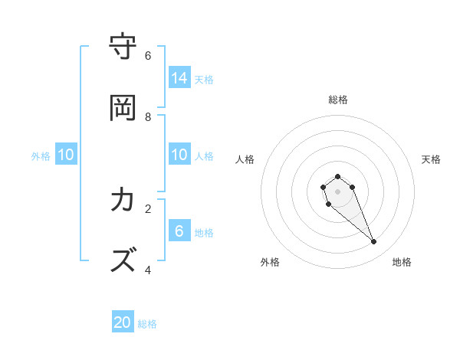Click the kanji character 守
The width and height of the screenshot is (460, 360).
tap(123, 47)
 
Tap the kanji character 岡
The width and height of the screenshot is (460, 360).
tap(123, 108)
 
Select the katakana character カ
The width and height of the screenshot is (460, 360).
tap(123, 200)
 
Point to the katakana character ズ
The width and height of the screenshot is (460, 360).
tap(123, 260)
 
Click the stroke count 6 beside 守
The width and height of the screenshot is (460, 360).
tap(148, 55)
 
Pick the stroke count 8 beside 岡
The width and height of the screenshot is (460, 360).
tap(148, 116)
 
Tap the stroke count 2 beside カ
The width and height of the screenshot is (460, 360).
tap(148, 208)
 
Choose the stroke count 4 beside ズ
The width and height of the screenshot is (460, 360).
tap(148, 270)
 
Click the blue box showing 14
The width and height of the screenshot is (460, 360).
tap(179, 77)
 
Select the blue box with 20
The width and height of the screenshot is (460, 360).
tap(123, 322)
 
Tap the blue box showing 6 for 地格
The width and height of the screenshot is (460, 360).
tap(179, 231)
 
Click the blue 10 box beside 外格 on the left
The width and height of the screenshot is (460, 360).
tap(66, 155)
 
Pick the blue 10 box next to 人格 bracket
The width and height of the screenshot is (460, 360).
tap(179, 155)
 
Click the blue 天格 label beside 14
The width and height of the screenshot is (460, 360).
tap(204, 79)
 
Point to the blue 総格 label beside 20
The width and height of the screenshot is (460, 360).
tap(147, 324)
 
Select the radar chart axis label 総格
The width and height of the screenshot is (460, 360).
tap(338, 100)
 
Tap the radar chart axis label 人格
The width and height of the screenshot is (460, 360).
tap(245, 159)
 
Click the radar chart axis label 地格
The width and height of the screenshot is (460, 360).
tap(402, 262)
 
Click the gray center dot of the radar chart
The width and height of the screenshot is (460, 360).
tap(338, 191)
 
